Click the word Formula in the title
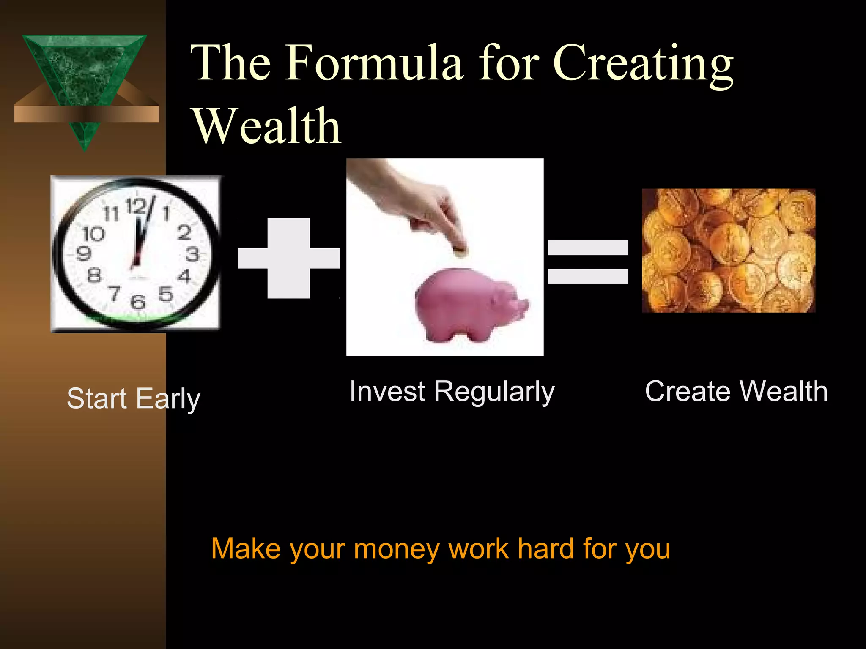point(374,63)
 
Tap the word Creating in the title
point(643,63)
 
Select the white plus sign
point(289,258)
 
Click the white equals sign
point(588,262)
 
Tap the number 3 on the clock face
point(192,254)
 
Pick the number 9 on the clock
point(83,253)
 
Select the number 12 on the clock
point(136,207)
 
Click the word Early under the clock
point(168,399)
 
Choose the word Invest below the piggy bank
point(387,391)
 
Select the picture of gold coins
point(728,251)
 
